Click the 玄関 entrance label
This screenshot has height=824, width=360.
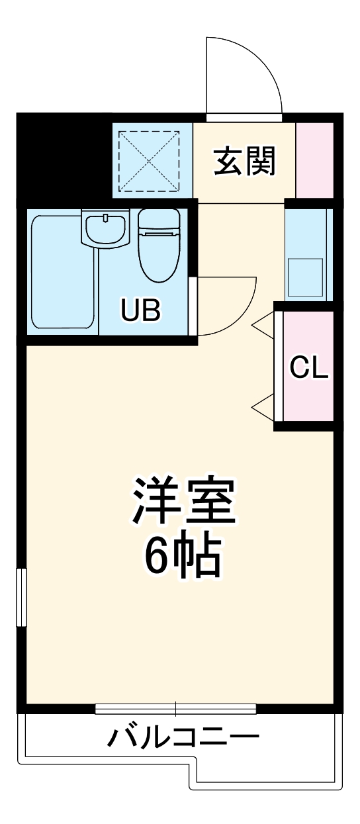point(244,161)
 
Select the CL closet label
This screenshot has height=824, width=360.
point(310,367)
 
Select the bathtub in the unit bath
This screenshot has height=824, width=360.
point(63,271)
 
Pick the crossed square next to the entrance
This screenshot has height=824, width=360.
point(149,160)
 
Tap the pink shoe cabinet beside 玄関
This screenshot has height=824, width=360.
point(314,160)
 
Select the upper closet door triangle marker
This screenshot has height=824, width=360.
point(263,324)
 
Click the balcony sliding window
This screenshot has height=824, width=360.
point(175,710)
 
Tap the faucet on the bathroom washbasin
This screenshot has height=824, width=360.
point(105,217)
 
